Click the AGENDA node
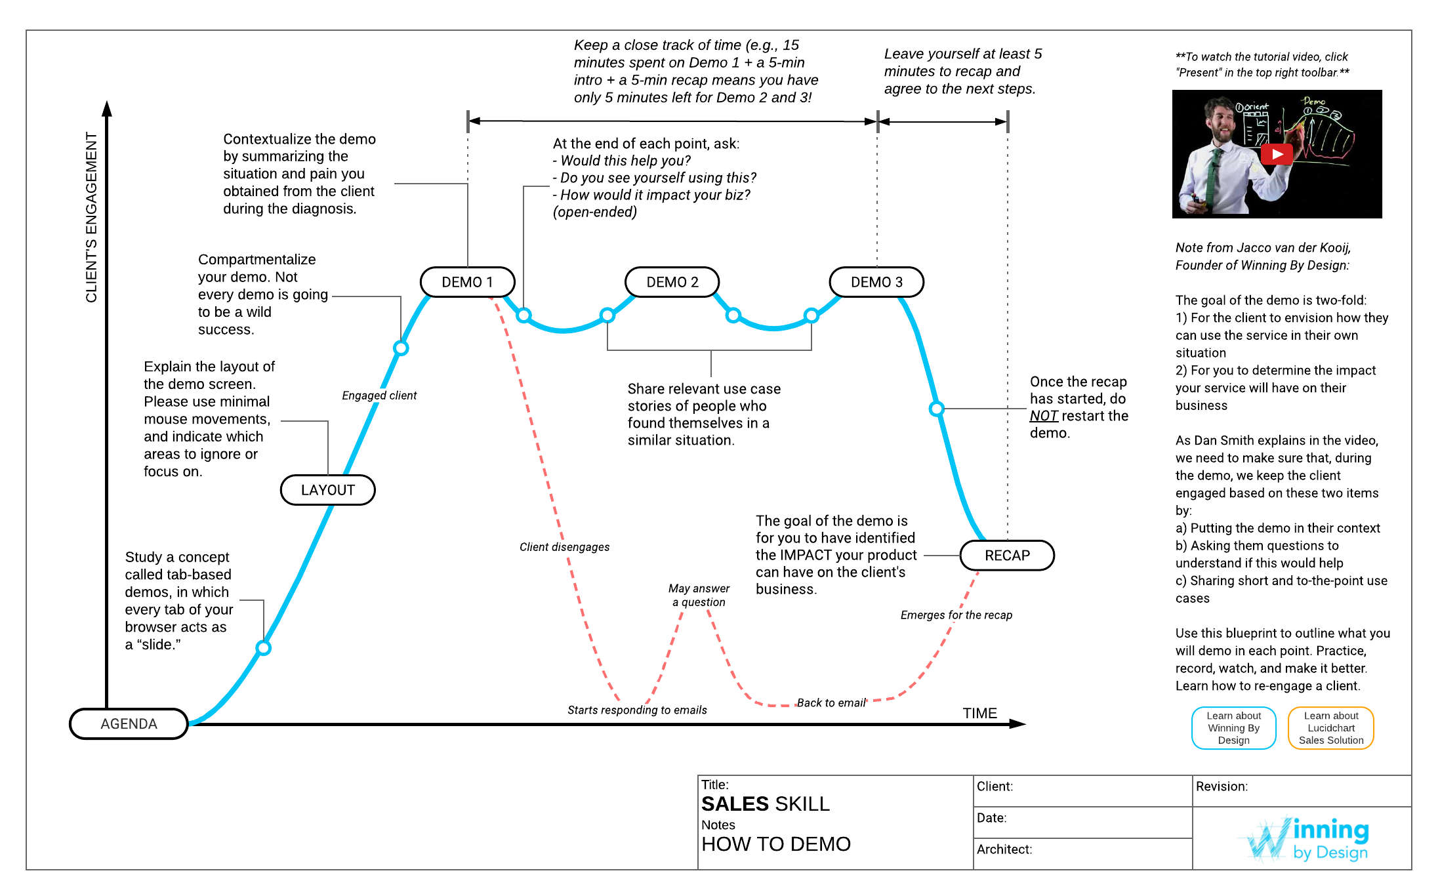tap(129, 723)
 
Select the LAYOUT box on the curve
tap(327, 490)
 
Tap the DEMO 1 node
tap(467, 282)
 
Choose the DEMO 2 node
tap(672, 282)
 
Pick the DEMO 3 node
tap(876, 282)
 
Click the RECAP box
tap(1007, 556)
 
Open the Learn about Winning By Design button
tap(1233, 728)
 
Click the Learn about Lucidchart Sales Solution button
tap(1331, 728)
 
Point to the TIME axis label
tap(979, 713)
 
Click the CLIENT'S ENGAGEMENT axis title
tap(91, 217)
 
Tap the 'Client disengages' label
tap(564, 547)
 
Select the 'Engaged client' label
tap(379, 396)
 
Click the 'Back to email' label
tap(831, 703)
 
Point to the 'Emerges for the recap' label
tap(956, 615)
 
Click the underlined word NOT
tap(1043, 416)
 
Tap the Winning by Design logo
tap(1307, 839)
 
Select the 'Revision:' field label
tap(1222, 786)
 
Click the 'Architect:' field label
tap(1004, 849)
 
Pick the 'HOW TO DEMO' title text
tap(776, 844)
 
